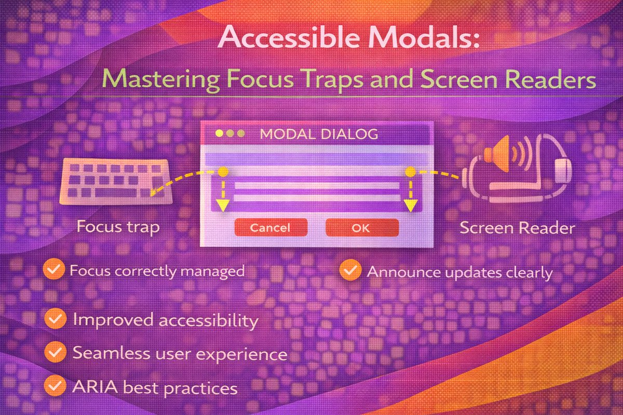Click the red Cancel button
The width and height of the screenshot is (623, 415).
[x=271, y=227]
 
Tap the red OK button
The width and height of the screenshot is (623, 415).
[x=362, y=227]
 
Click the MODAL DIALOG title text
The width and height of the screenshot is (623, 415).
[x=319, y=134]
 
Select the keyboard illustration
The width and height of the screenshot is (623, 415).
[x=116, y=181]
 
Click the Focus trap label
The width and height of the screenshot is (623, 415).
[x=118, y=227]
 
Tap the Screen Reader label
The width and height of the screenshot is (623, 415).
[x=517, y=228]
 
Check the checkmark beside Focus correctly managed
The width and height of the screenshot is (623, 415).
[x=53, y=269]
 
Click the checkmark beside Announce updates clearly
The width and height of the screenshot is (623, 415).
[x=350, y=270]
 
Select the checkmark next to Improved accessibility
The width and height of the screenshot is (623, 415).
[x=55, y=319]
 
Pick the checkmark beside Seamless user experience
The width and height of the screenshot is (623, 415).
[x=55, y=352]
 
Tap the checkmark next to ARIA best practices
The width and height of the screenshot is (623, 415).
[x=55, y=385]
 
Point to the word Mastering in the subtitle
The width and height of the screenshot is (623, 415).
[x=161, y=79]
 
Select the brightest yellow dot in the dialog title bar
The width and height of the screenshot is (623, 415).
[x=219, y=133]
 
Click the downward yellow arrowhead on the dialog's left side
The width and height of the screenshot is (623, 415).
[x=223, y=205]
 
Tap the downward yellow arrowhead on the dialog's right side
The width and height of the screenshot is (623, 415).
[x=411, y=205]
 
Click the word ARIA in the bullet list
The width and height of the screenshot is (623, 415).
[x=95, y=386]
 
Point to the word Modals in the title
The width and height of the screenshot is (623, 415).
[x=424, y=37]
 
